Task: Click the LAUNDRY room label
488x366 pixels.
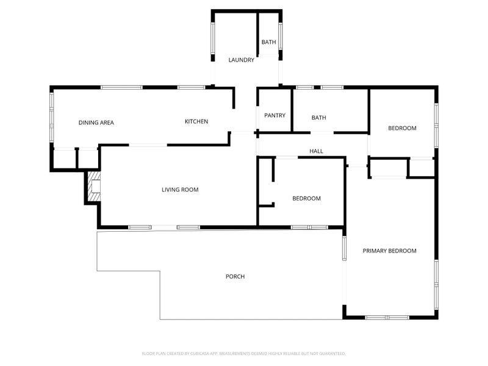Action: click(x=241, y=60)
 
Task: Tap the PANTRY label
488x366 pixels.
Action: click(x=274, y=115)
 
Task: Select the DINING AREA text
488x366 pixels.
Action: click(x=96, y=123)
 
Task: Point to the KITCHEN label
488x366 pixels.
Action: click(x=196, y=121)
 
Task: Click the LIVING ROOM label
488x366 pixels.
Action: click(x=180, y=190)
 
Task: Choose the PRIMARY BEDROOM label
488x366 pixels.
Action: click(x=389, y=251)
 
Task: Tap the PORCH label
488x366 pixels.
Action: click(x=235, y=276)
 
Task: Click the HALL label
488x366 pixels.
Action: click(x=316, y=151)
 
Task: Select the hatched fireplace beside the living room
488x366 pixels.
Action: click(x=95, y=186)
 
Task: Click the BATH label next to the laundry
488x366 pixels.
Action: click(x=268, y=42)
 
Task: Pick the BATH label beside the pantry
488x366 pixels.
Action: click(x=318, y=118)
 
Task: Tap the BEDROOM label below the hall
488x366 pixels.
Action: click(x=306, y=199)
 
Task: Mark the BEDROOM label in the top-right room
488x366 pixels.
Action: click(x=402, y=128)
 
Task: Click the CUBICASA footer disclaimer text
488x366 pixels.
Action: click(x=243, y=354)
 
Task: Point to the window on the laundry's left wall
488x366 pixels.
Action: click(x=213, y=38)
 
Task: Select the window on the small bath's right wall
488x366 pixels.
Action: click(x=281, y=36)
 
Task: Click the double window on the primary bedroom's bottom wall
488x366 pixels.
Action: click(x=387, y=317)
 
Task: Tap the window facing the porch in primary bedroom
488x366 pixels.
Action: click(x=344, y=248)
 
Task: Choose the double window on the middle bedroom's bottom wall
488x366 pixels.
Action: click(x=309, y=228)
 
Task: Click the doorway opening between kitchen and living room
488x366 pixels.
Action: click(x=148, y=145)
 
